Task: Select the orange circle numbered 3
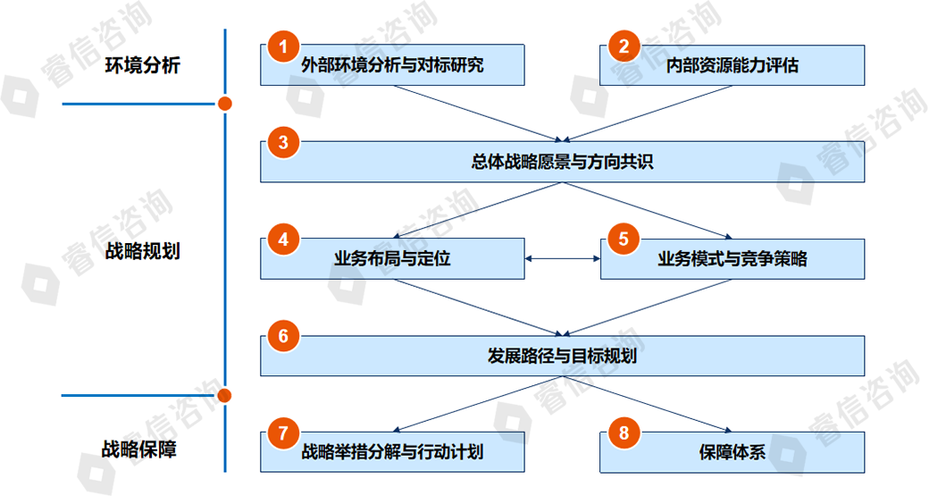[283, 143]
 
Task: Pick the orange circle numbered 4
[283, 240]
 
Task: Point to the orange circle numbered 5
[624, 240]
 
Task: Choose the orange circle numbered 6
[283, 336]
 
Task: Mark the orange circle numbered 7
[283, 433]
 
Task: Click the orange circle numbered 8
[624, 433]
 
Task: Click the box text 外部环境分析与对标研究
[392, 65]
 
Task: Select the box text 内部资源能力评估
[732, 65]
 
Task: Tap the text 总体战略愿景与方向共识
[563, 163]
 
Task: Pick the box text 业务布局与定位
[392, 259]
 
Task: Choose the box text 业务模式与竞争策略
[732, 259]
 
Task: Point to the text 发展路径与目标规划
[563, 356]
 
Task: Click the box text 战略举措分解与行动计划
[392, 452]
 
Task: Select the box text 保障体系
[732, 452]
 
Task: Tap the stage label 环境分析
[142, 65]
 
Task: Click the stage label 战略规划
[142, 251]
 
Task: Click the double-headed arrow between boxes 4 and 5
[562, 259]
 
